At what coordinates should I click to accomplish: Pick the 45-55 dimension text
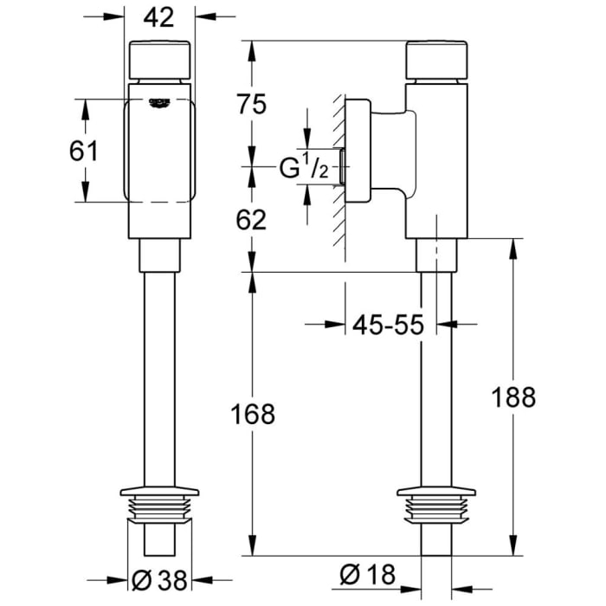[388, 326]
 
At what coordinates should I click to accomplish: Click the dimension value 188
[513, 397]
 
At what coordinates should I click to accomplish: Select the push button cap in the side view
[437, 59]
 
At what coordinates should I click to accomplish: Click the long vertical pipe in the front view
[159, 372]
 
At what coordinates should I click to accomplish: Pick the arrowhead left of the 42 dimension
[119, 16]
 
